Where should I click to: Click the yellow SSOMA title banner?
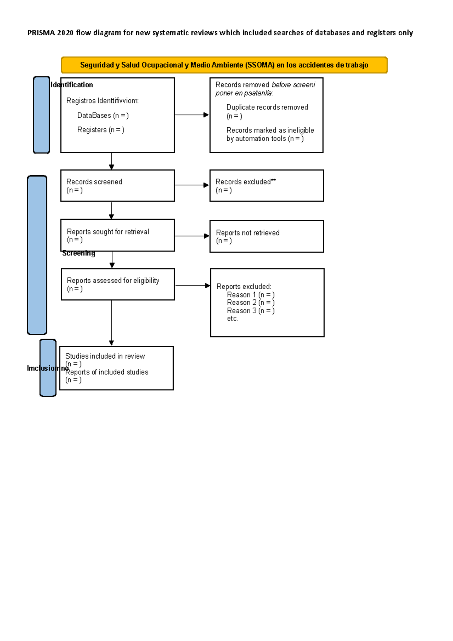click(x=224, y=65)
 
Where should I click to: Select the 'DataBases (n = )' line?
click(x=103, y=116)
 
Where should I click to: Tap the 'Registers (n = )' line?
click(x=100, y=130)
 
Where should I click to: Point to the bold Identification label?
click(x=72, y=85)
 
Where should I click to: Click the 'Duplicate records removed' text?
click(x=267, y=108)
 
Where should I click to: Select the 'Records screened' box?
click(x=117, y=185)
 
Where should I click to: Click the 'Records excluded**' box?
click(x=267, y=185)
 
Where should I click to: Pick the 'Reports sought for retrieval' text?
click(x=108, y=232)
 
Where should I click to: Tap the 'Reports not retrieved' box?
click(x=267, y=236)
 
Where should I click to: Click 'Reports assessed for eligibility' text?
click(x=113, y=280)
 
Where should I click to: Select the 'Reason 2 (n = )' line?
click(x=250, y=303)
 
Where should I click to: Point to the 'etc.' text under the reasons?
click(x=232, y=319)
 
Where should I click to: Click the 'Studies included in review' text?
click(x=105, y=356)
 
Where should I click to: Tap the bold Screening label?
click(x=79, y=253)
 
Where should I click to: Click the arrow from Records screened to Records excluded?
click(x=191, y=185)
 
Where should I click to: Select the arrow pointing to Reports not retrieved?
click(x=191, y=236)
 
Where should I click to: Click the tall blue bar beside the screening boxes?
click(x=37, y=255)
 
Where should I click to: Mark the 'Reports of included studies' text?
click(x=107, y=372)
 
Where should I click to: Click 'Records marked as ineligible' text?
click(x=270, y=130)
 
